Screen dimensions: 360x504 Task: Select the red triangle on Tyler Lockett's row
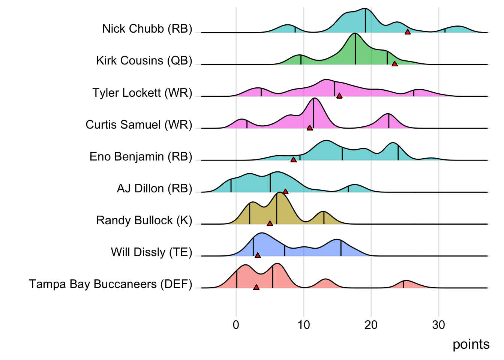[x=339, y=96]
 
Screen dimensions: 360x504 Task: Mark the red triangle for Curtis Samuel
[x=310, y=128]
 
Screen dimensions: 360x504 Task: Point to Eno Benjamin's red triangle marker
[x=294, y=160]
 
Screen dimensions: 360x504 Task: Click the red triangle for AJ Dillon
[x=285, y=192]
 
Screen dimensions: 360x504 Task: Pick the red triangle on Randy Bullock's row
[x=270, y=223]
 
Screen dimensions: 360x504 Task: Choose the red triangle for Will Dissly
[x=258, y=255]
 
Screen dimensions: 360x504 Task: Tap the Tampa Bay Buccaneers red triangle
[x=256, y=287]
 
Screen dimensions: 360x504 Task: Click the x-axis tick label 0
[x=236, y=325]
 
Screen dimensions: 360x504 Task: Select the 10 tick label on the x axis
[x=303, y=325]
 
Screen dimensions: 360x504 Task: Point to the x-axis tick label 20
[x=371, y=325]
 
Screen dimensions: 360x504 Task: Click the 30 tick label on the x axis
[x=438, y=325]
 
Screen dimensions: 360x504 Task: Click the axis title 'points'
[x=471, y=344]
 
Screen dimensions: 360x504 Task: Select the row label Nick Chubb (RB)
[x=147, y=28]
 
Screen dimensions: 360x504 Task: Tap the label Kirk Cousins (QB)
[x=144, y=60]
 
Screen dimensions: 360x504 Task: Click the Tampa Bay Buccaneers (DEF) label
[x=111, y=284]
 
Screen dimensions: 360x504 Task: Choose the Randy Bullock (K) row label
[x=144, y=220]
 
